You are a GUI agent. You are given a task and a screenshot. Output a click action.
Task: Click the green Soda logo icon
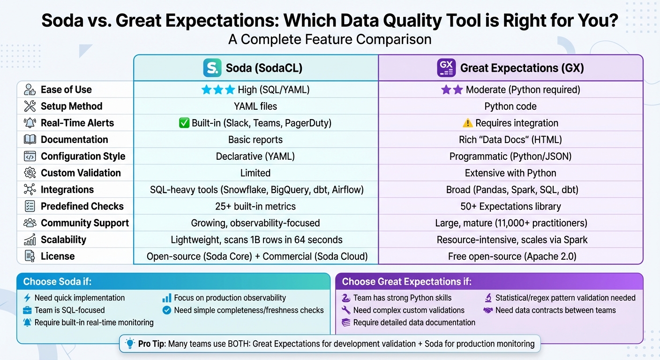click(x=212, y=68)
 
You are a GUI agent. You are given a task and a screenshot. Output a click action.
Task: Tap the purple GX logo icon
click(x=446, y=68)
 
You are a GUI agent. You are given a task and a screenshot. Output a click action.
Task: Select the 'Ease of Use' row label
click(x=66, y=90)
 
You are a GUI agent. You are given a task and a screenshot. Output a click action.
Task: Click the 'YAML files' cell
click(x=255, y=106)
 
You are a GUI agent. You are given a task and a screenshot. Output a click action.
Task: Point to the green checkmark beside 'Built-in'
click(x=184, y=123)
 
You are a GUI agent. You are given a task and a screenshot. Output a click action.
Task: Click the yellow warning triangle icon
click(x=467, y=123)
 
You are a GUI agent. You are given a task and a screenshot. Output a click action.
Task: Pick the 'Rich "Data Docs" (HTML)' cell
click(x=510, y=140)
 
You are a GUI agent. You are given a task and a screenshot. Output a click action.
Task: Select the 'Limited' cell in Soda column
click(x=255, y=173)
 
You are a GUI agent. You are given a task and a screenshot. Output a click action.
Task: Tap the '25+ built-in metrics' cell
click(x=255, y=206)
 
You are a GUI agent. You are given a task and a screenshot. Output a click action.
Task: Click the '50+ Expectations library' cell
click(x=510, y=206)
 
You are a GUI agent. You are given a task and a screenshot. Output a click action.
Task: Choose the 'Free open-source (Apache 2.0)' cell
click(x=510, y=256)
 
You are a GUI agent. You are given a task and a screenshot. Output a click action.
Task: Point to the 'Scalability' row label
click(x=63, y=240)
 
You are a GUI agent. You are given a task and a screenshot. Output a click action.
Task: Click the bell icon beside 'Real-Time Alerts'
click(x=30, y=123)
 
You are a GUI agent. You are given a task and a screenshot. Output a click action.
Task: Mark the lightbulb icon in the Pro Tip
click(x=130, y=344)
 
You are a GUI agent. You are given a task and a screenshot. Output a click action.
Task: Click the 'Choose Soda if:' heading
click(x=58, y=282)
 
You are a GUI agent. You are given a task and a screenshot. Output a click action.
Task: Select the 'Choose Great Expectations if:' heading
click(x=406, y=282)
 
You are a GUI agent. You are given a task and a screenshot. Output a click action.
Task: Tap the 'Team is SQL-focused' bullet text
click(x=69, y=310)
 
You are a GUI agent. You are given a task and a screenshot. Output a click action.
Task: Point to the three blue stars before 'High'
click(x=218, y=90)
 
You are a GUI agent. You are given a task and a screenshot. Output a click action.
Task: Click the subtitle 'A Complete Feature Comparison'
click(x=330, y=39)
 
